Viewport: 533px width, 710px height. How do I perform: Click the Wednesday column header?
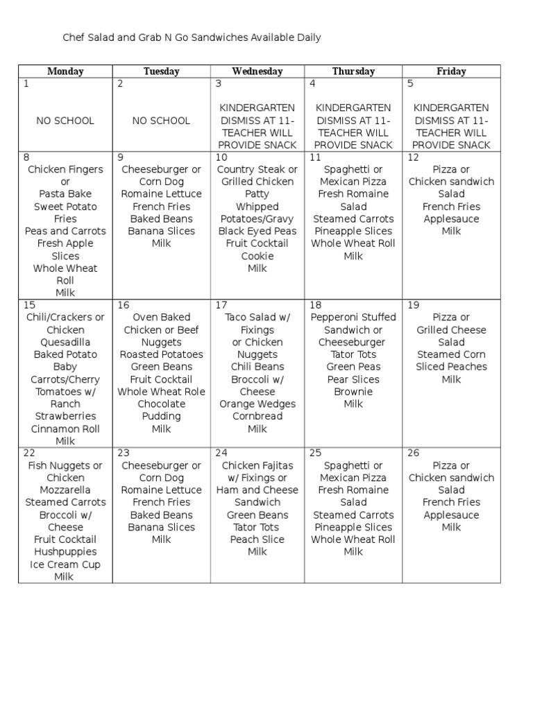257,71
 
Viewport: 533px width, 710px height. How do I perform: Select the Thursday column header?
353,71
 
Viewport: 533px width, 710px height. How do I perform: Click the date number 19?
414,305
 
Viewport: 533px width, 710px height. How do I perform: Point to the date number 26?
414,453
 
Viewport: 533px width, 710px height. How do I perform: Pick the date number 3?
218,84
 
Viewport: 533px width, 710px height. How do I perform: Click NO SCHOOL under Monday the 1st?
65,121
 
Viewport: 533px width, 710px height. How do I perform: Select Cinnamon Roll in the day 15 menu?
65,428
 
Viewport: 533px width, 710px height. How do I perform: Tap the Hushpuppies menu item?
65,552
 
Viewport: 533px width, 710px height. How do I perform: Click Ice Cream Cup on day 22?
65,564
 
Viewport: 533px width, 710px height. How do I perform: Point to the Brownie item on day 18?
353,392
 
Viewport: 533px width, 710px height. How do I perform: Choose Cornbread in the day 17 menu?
257,417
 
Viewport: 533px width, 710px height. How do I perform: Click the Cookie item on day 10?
257,256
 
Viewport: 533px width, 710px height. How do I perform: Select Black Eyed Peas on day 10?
257,232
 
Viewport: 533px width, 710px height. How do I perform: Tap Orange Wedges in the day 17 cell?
257,404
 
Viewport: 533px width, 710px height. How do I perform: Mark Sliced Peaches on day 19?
452,367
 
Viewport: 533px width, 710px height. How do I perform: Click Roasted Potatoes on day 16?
161,354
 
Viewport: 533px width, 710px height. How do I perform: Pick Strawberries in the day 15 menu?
65,417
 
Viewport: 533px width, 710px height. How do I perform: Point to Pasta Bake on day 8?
65,194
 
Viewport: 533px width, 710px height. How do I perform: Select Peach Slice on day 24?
257,539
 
